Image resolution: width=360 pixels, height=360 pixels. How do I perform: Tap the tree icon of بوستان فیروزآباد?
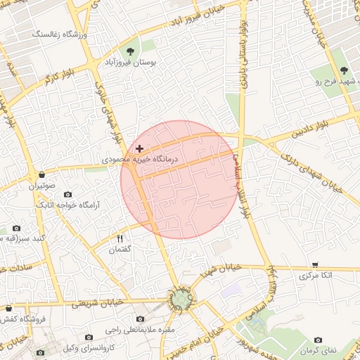coord(131,51)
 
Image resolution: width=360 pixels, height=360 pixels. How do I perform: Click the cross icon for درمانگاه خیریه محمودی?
coord(140,148)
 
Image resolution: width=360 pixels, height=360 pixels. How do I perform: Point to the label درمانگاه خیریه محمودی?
coord(141,160)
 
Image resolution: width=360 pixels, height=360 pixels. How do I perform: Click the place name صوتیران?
coord(41,186)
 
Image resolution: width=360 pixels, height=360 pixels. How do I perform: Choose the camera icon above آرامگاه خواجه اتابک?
coord(68,194)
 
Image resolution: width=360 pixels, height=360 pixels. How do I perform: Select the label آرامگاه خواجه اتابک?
coord(70,205)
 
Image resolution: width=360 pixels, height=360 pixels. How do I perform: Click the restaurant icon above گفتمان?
coord(120,238)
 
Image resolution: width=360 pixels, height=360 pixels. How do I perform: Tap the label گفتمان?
coord(120,249)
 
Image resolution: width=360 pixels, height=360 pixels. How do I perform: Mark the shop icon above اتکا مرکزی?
coord(315,264)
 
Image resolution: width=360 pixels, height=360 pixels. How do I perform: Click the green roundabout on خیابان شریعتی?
coord(182,300)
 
